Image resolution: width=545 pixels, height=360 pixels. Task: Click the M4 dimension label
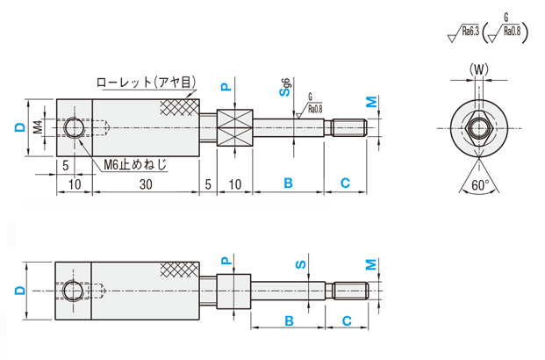pyautogui.click(x=39, y=127)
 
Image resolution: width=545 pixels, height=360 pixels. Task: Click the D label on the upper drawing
pyautogui.click(x=18, y=127)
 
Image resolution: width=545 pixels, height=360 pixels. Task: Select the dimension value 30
pyautogui.click(x=146, y=184)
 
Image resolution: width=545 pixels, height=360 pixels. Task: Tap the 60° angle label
pyautogui.click(x=479, y=185)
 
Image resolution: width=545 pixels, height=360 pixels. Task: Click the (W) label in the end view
pyautogui.click(x=478, y=68)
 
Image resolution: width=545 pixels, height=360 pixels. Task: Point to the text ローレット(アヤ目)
pyautogui.click(x=146, y=83)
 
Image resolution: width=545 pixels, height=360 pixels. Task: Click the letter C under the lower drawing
pyautogui.click(x=347, y=320)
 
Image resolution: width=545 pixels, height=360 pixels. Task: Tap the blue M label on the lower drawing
pyautogui.click(x=371, y=264)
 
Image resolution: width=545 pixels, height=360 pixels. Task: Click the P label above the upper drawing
pyautogui.click(x=225, y=87)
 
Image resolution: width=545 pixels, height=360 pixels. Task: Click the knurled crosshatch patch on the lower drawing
pyautogui.click(x=179, y=270)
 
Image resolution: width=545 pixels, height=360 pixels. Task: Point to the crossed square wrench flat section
pyautogui.click(x=234, y=128)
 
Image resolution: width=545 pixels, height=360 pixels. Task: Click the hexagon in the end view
pyautogui.click(x=478, y=128)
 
